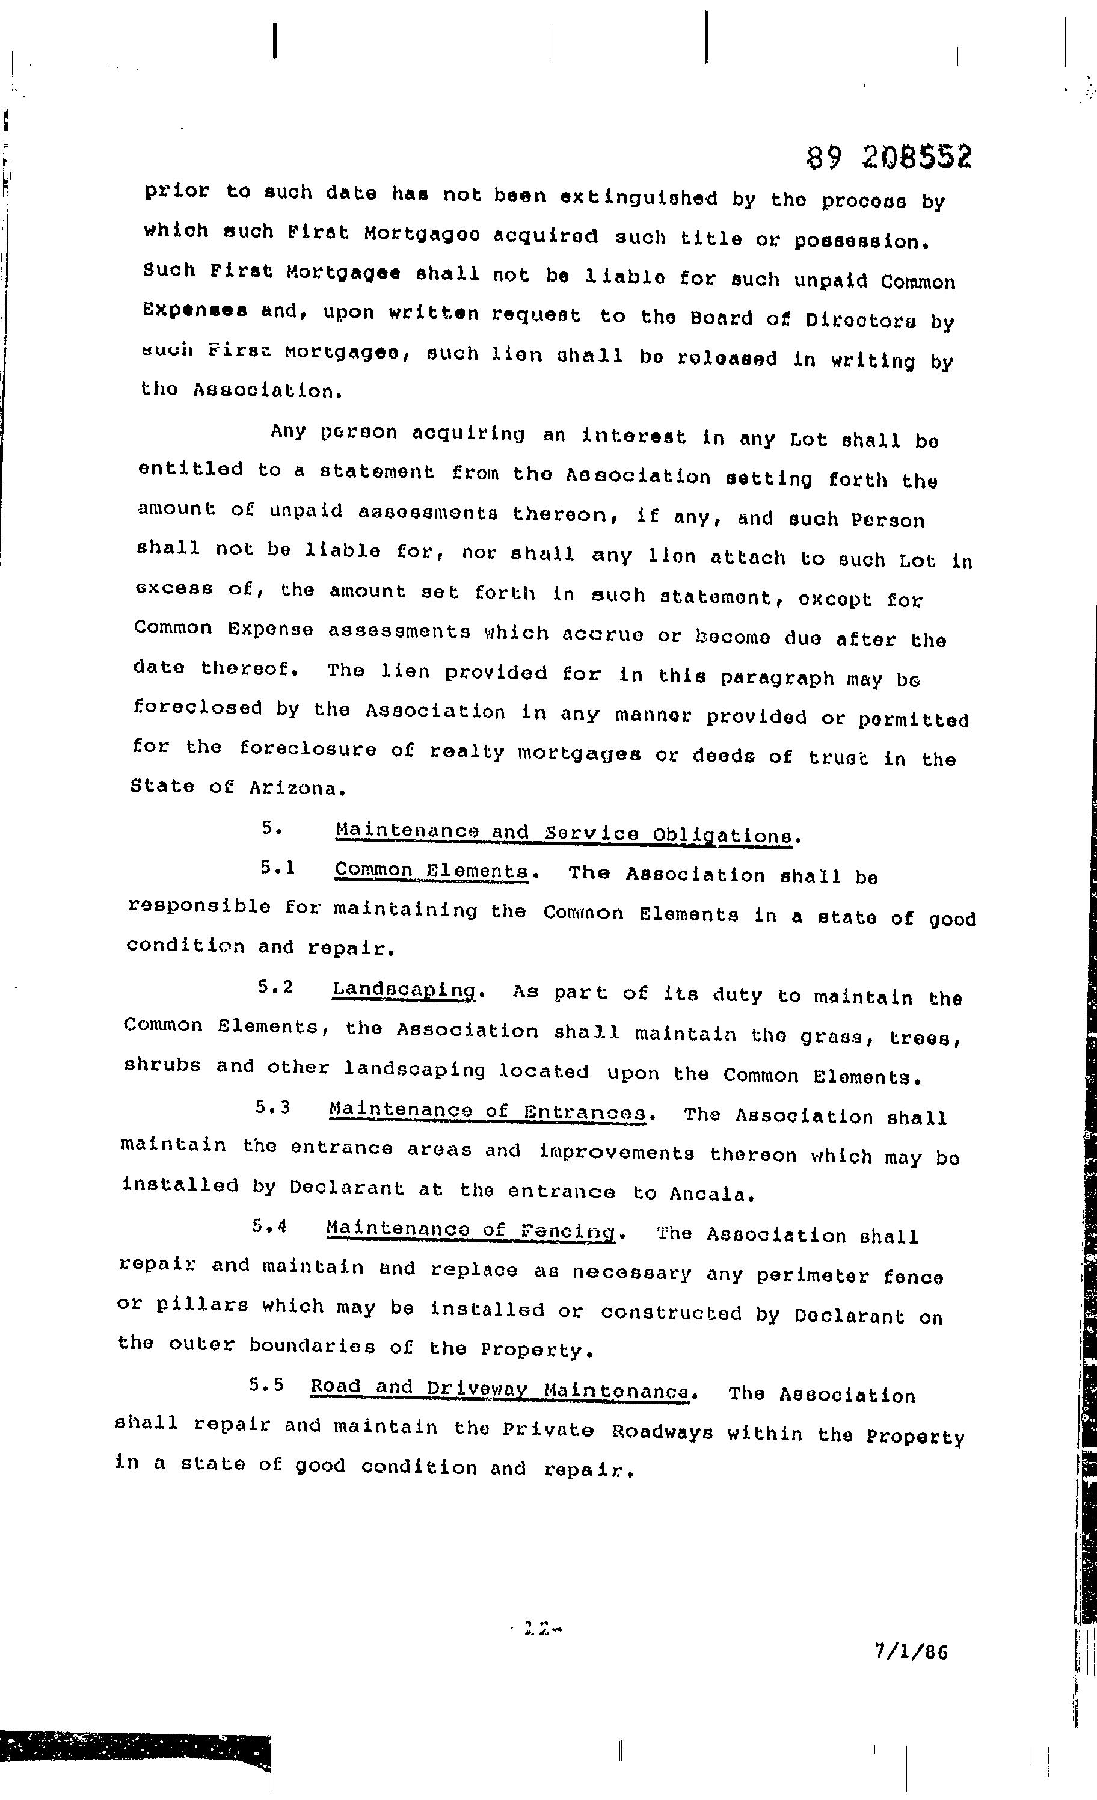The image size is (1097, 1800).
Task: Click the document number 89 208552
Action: coord(889,157)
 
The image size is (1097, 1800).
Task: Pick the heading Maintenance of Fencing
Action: coord(471,1230)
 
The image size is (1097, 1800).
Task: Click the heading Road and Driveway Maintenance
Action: coord(500,1388)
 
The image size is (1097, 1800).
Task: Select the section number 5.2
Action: coord(275,987)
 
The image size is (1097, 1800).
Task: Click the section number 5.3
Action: coord(273,1108)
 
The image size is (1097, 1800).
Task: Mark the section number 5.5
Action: coord(266,1384)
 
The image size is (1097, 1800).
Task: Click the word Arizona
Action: coord(297,788)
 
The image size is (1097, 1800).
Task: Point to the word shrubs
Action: coord(162,1065)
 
